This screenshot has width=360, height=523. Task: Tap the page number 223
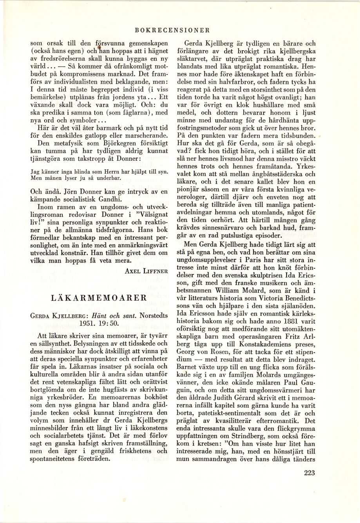tap(309, 483)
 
